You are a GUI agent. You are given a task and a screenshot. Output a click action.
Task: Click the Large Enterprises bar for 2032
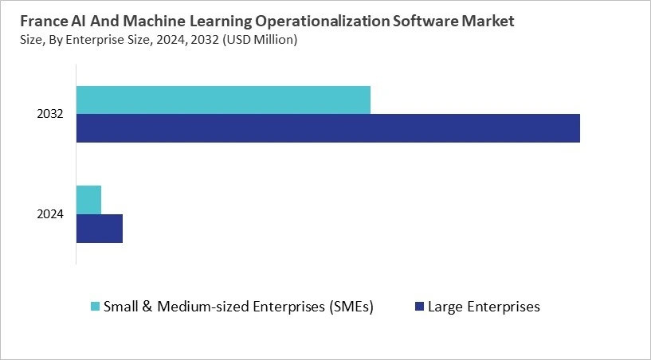point(327,128)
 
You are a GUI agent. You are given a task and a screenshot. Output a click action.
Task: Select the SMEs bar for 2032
point(223,100)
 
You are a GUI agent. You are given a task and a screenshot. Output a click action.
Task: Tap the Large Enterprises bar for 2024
point(100,228)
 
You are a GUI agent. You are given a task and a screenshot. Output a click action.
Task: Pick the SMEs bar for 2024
point(88,199)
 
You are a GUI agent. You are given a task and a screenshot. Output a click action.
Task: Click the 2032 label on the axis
point(50,115)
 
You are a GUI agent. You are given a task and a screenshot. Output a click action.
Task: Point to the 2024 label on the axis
point(50,213)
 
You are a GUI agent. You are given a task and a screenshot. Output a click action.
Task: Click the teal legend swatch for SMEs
point(96,307)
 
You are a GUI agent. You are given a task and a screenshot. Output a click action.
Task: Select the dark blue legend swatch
point(418,307)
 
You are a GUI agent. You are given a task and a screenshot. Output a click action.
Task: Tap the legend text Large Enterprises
point(484,307)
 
